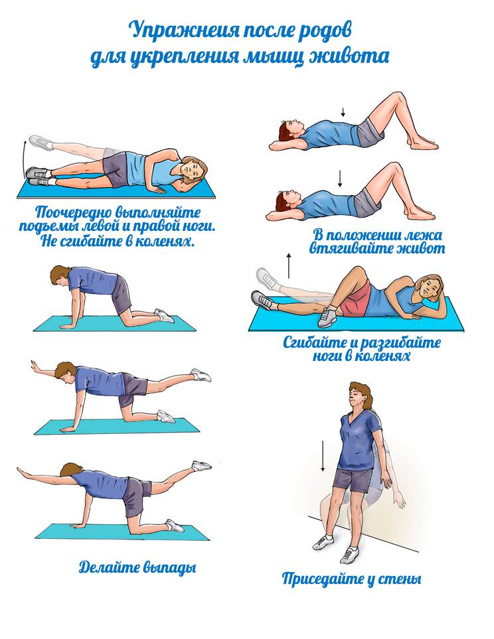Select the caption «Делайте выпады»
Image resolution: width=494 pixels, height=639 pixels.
click(137, 567)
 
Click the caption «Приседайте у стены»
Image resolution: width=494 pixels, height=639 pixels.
click(352, 579)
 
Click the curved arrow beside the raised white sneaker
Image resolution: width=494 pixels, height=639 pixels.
click(25, 157)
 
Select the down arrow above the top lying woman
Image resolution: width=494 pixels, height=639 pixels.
click(343, 111)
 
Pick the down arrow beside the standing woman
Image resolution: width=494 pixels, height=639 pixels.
click(323, 456)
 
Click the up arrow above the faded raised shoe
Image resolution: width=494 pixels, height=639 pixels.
click(289, 265)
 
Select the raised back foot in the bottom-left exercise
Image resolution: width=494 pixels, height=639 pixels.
click(201, 466)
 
